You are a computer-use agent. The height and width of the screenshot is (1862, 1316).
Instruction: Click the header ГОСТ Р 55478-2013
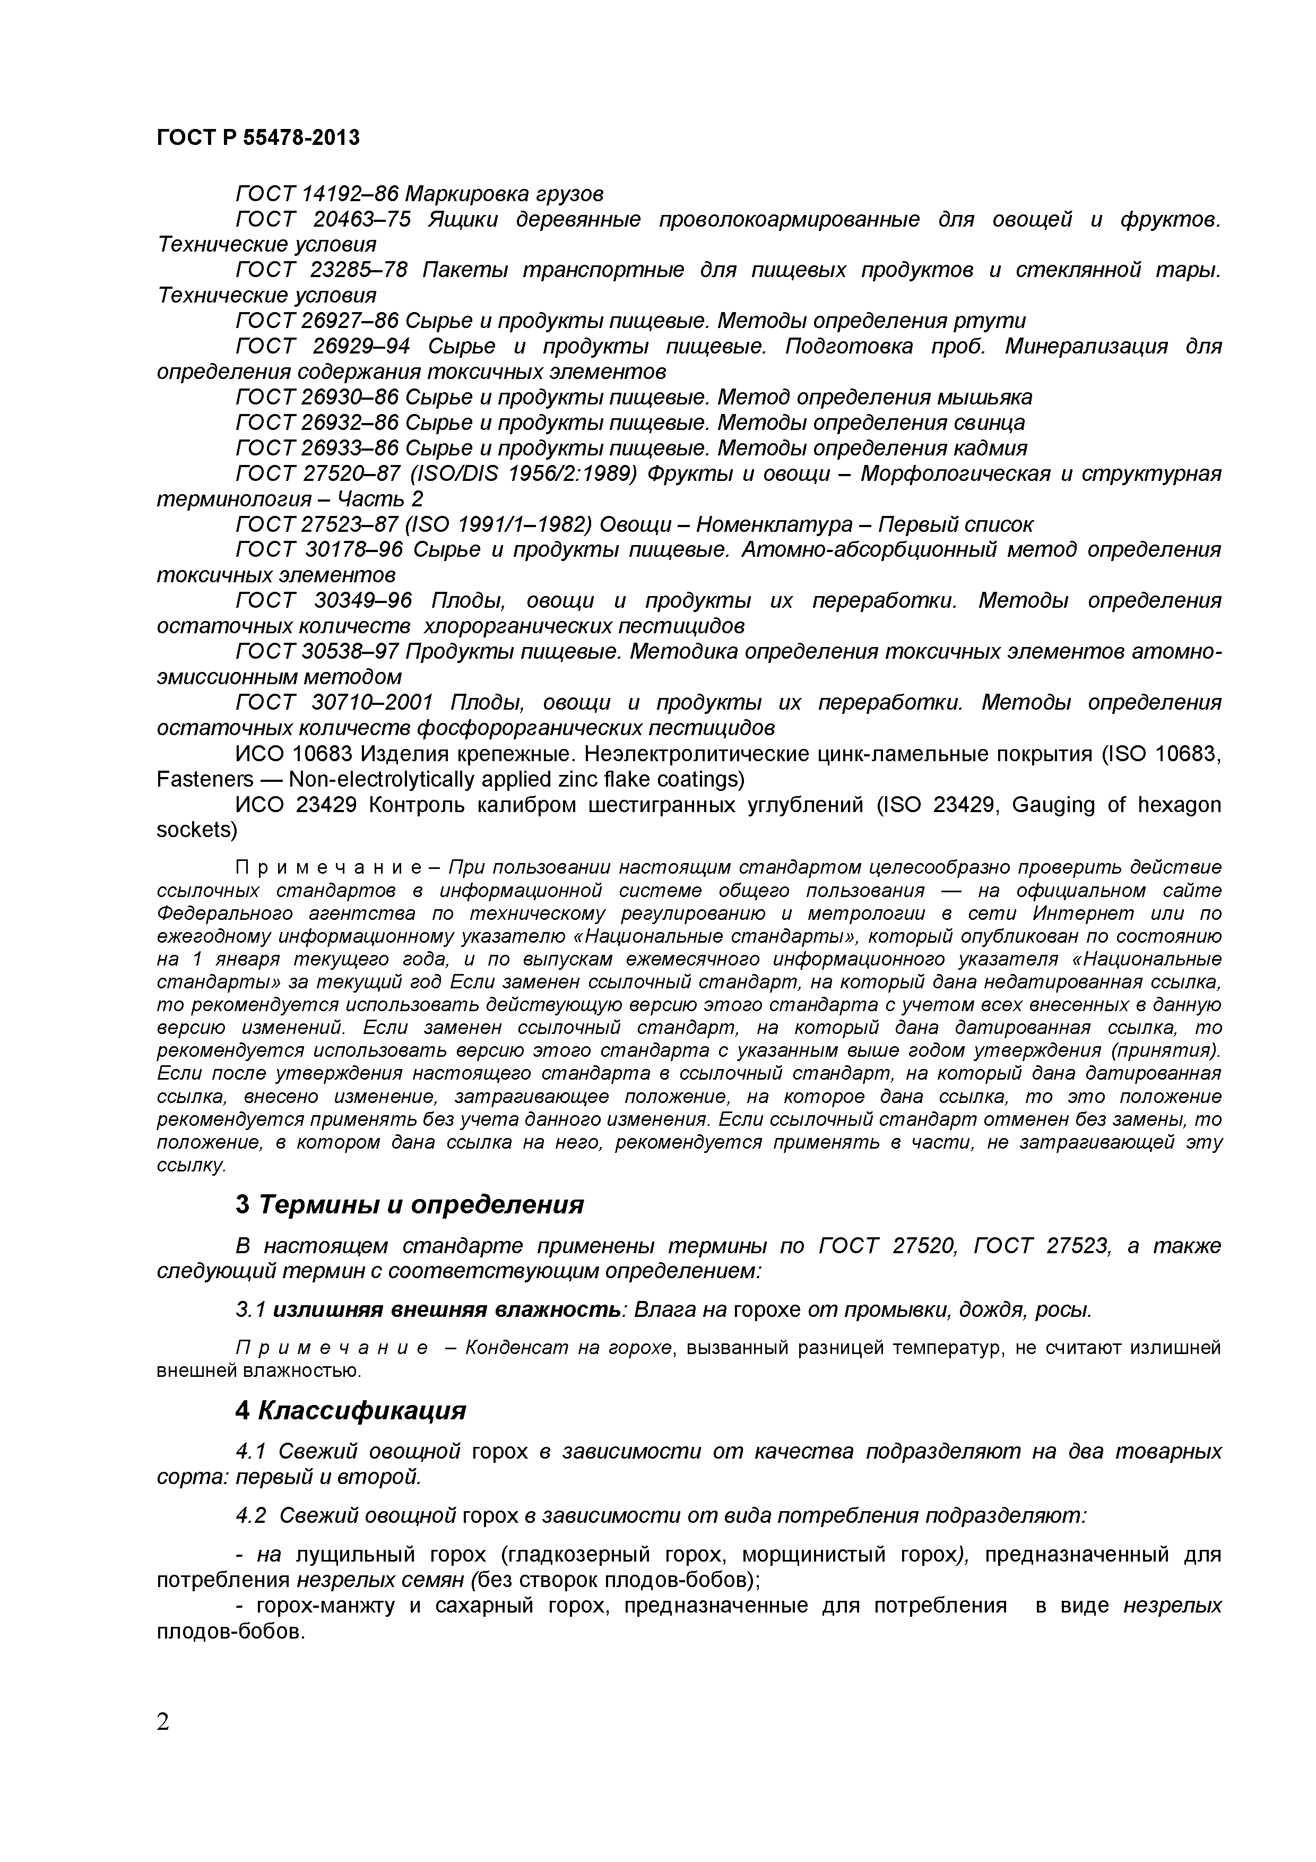[258, 138]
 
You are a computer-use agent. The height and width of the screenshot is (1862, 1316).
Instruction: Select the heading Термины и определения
[421, 1205]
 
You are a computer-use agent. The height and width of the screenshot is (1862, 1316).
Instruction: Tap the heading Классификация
[362, 1411]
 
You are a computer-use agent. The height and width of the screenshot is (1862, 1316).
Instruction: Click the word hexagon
[1179, 805]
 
